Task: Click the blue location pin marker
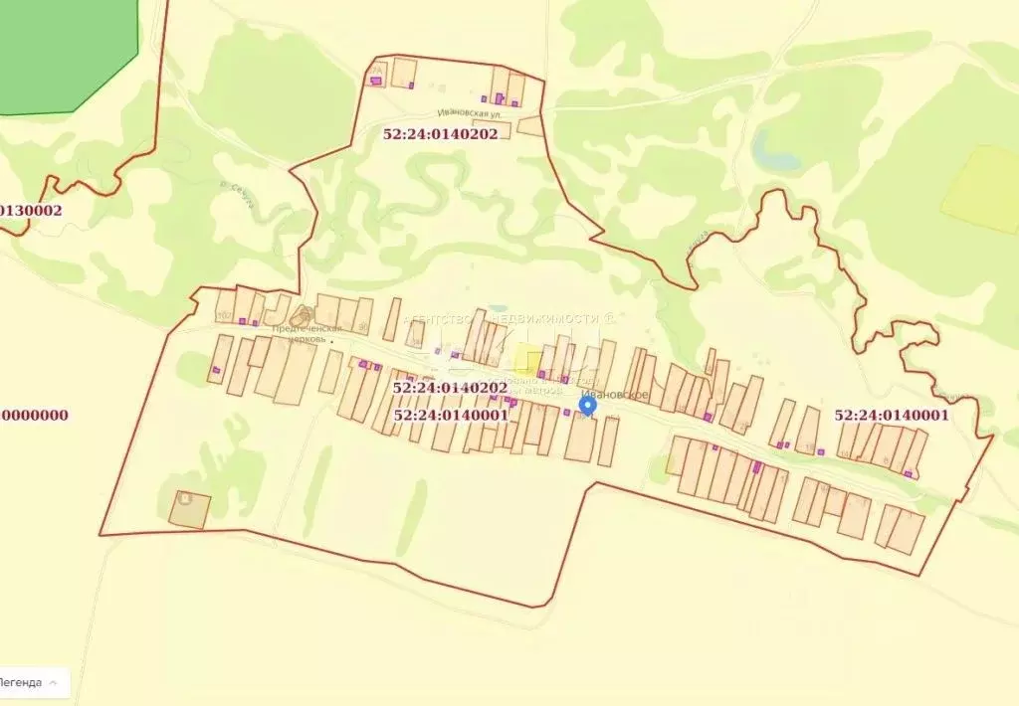[588, 406]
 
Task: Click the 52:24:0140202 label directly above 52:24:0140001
[450, 388]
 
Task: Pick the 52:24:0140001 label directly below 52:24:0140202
[451, 415]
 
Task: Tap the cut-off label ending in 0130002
[31, 210]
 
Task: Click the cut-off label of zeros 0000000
[34, 416]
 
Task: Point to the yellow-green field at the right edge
[983, 189]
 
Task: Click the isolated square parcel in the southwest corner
[189, 509]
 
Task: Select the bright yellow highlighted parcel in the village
[528, 362]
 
